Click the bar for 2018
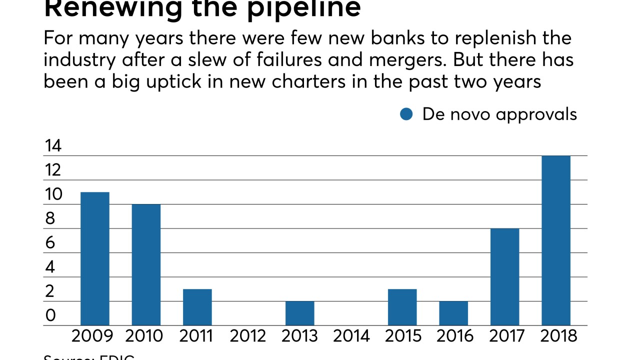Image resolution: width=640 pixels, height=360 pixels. pyautogui.click(x=555, y=240)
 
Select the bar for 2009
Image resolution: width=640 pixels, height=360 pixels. pyautogui.click(x=95, y=259)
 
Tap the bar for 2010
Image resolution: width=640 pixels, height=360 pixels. pyautogui.click(x=146, y=265)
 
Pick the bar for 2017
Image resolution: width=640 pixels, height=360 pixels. pyautogui.click(x=504, y=277)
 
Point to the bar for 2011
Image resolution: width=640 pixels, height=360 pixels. pyautogui.click(x=197, y=307)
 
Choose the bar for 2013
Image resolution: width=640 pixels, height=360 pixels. pyautogui.click(x=300, y=313)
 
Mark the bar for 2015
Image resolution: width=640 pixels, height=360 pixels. pyautogui.click(x=402, y=307)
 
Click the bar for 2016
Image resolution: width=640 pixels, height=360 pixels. pyautogui.click(x=453, y=313)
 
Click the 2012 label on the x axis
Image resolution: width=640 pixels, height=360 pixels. pyautogui.click(x=248, y=336)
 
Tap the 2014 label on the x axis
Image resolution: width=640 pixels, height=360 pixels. pyautogui.click(x=351, y=336)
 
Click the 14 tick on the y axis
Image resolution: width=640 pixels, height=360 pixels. pyautogui.click(x=53, y=146)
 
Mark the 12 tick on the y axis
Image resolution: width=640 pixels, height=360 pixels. pyautogui.click(x=53, y=170)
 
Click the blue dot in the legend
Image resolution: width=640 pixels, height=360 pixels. pyautogui.click(x=406, y=114)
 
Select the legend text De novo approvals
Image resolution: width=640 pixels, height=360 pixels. pyautogui.click(x=499, y=114)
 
